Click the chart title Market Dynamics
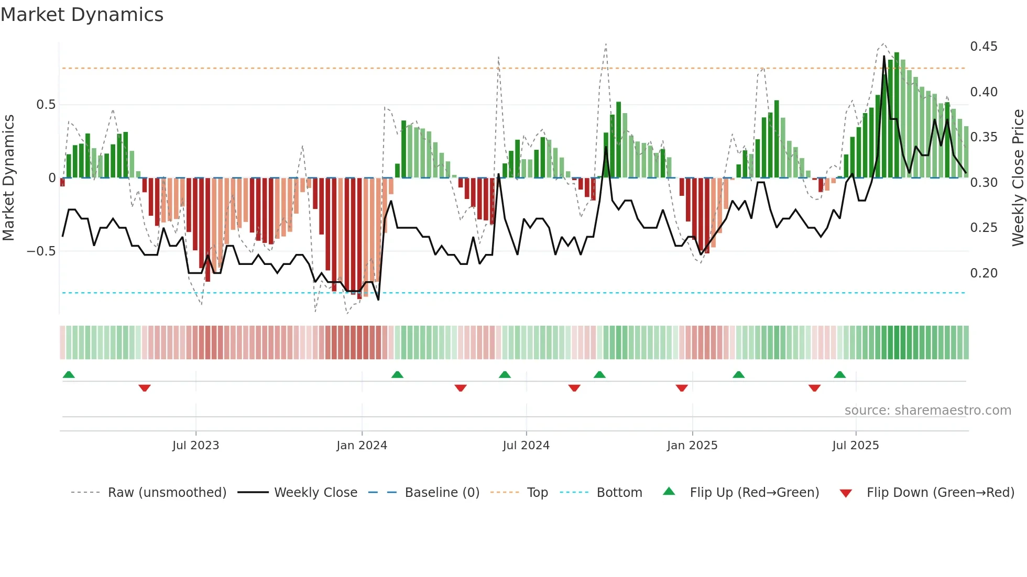click(x=82, y=15)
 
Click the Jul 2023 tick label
click(x=195, y=446)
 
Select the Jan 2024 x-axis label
click(x=362, y=446)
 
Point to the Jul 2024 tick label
click(x=526, y=446)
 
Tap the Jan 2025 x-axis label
click(x=692, y=446)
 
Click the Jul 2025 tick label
click(x=856, y=446)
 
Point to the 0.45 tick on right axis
click(x=984, y=47)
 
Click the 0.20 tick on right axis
click(x=984, y=273)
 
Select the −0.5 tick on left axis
click(x=41, y=251)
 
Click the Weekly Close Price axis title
click(x=1018, y=178)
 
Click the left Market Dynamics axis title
click(x=8, y=178)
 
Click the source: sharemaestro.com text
click(x=927, y=410)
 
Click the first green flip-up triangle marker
click(x=69, y=374)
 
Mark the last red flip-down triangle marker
click(x=814, y=388)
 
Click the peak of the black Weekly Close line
click(x=884, y=56)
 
